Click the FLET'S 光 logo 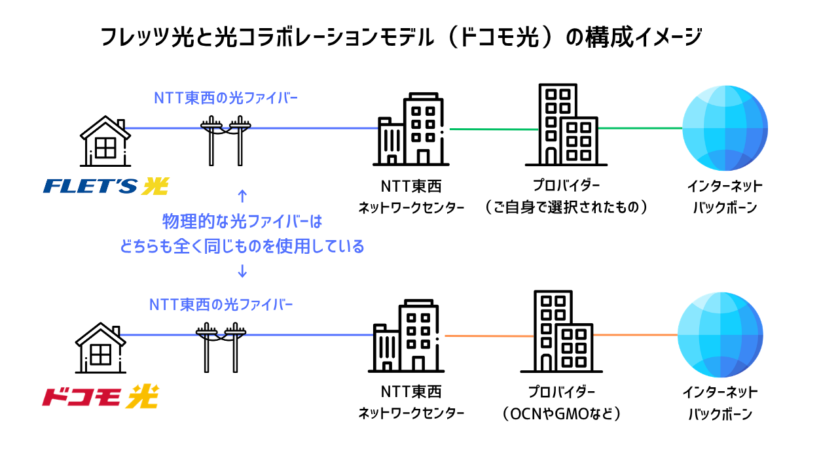105,186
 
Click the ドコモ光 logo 100,396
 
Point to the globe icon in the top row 725,128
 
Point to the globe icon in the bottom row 720,335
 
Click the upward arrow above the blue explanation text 242,196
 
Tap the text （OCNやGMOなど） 562,414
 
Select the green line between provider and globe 640,128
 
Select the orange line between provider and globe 635,335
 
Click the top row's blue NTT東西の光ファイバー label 226,98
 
